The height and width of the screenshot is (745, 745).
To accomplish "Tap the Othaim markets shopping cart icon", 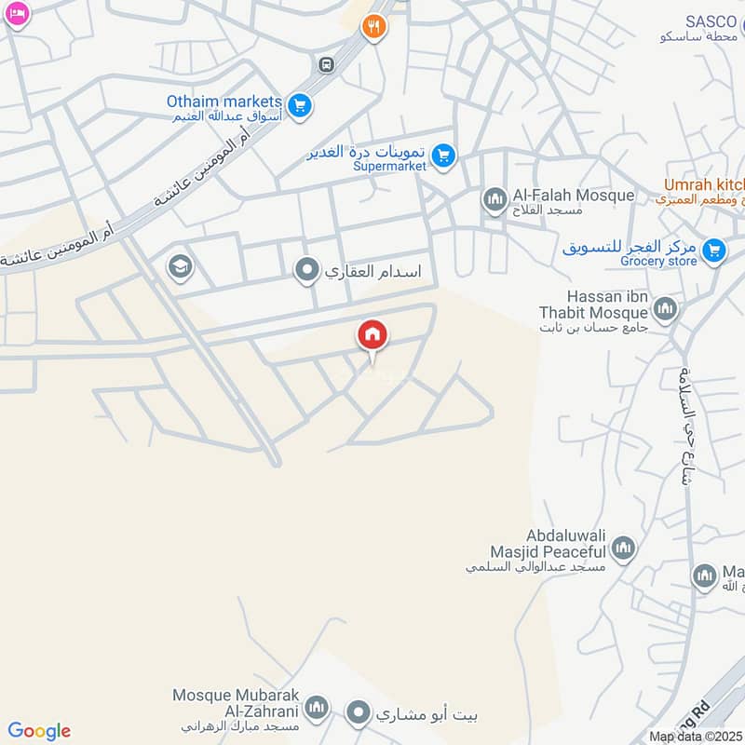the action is [299, 106].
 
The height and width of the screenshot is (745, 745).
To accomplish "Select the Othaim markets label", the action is [223, 101].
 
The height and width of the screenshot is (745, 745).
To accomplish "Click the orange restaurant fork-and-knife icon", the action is [373, 26].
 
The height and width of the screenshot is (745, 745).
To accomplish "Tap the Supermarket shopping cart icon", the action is [444, 156].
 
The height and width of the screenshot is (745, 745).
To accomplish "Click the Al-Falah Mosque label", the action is [573, 196].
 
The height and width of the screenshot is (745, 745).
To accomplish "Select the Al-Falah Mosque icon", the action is [493, 198].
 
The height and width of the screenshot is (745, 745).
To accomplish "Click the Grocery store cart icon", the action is [714, 250].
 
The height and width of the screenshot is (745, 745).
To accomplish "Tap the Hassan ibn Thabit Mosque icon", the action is [665, 308].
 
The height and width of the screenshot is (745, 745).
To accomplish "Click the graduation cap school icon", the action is [179, 268].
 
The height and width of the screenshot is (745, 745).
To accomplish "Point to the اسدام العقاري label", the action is [372, 272].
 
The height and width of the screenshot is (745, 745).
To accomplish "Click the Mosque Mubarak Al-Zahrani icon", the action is [318, 708].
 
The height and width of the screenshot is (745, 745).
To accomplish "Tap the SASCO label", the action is [711, 21].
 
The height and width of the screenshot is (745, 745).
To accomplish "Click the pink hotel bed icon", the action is [18, 14].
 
